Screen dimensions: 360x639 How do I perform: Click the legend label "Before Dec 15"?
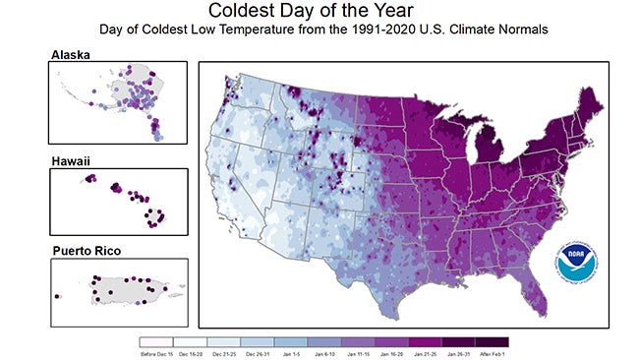158,352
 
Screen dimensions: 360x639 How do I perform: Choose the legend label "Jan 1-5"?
292,352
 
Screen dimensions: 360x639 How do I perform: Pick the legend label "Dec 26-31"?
259,352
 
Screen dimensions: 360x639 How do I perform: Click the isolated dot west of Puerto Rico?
58,295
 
